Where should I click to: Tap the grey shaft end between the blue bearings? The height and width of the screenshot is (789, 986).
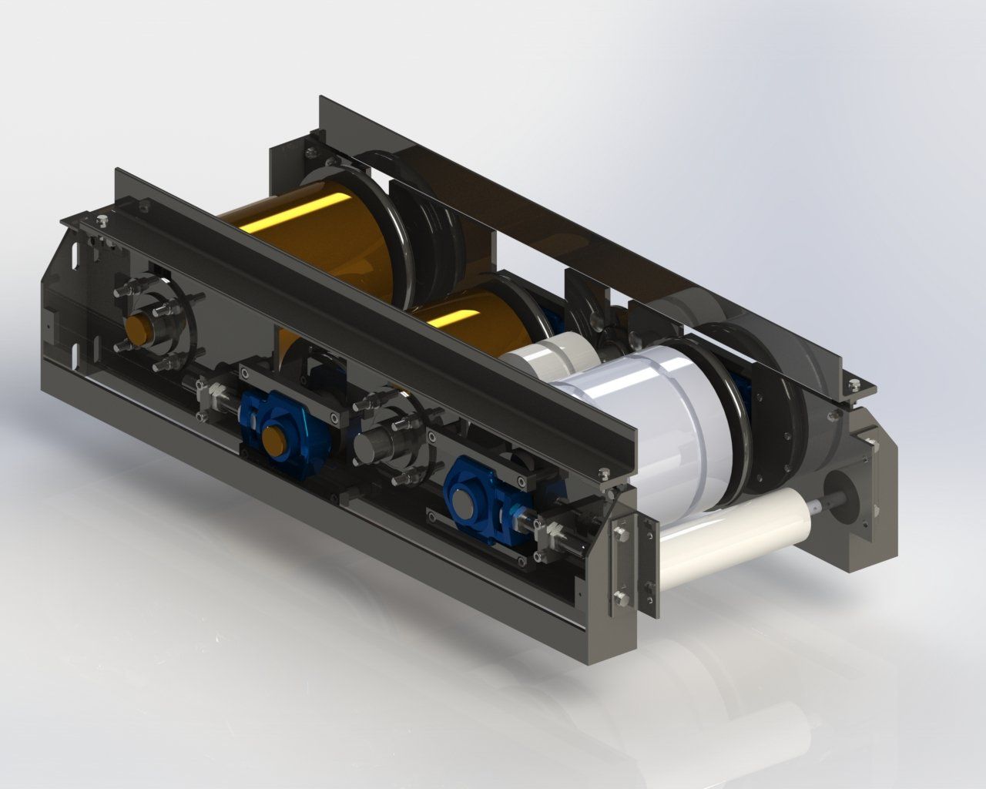coord(374,447)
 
